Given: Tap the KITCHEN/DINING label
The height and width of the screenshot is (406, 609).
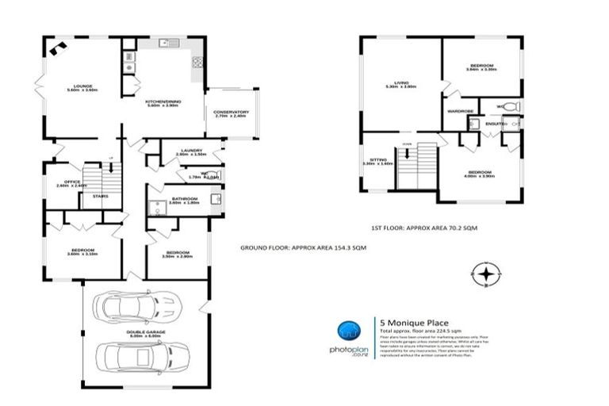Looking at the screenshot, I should click(x=165, y=101).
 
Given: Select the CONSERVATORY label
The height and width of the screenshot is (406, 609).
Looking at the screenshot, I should click(x=232, y=112).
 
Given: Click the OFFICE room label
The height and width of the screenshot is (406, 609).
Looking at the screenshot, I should click(x=67, y=181).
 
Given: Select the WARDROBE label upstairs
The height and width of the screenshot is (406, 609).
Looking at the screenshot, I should click(x=460, y=111).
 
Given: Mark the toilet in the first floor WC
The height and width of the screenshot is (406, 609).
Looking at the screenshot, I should click(x=510, y=106).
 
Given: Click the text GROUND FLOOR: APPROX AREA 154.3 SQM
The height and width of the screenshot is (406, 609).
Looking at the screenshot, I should click(x=303, y=248).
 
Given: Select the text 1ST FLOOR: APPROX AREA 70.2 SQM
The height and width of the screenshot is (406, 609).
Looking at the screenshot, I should click(x=424, y=228).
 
